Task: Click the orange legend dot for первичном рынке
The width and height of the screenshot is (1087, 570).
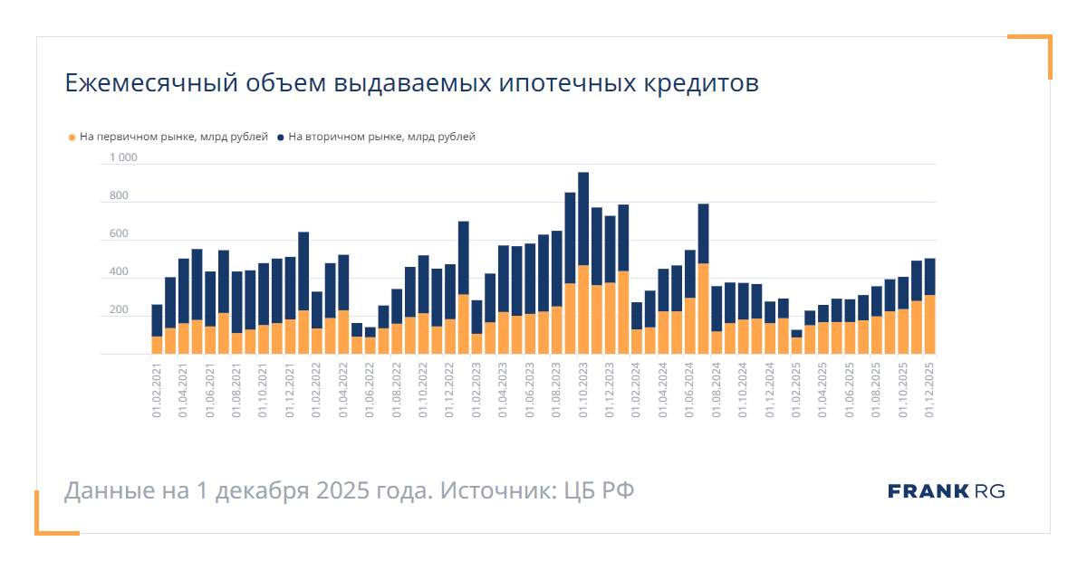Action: click(x=72, y=138)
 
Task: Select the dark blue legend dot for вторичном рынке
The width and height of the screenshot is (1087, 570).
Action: click(x=281, y=138)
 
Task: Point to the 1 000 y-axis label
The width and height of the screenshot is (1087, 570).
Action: click(x=123, y=158)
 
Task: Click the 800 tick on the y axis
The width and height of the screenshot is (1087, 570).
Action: click(x=119, y=196)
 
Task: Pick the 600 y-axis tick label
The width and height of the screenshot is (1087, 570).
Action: click(x=119, y=234)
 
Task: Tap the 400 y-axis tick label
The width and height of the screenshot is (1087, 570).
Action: click(x=119, y=272)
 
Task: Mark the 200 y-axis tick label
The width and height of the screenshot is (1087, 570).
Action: click(x=119, y=310)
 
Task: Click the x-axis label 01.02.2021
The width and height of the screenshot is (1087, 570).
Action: click(x=157, y=388)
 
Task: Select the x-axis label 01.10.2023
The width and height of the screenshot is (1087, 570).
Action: click(x=583, y=388)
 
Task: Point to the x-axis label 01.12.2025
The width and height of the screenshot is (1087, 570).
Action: click(x=929, y=388)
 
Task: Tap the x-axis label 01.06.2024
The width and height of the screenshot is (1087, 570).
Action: click(x=689, y=388)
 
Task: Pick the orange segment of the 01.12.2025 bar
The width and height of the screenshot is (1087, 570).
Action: click(x=929, y=324)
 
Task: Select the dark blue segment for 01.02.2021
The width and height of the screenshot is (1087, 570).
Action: click(x=157, y=320)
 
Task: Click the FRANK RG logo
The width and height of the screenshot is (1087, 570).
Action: click(x=947, y=491)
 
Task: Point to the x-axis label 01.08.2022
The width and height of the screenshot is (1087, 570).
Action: click(x=397, y=388)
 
